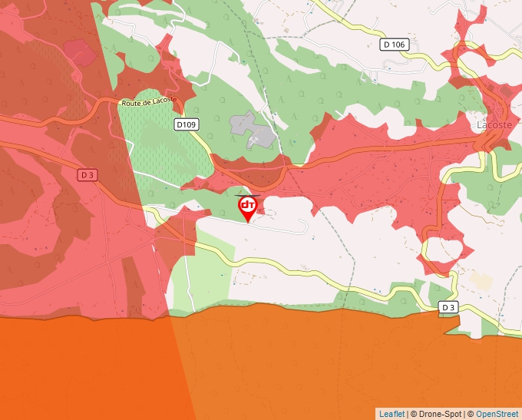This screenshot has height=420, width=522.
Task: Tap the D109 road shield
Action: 186,124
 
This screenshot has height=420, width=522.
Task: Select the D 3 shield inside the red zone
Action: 88,175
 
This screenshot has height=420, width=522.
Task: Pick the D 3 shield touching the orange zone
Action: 449,307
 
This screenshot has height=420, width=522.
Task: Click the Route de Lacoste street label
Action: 149,101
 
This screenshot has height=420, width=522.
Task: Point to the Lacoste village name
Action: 494,124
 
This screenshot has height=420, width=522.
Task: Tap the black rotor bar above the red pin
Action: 248,196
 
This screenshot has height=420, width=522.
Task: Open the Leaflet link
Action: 391,414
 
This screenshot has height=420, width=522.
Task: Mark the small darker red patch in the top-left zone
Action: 80,53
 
